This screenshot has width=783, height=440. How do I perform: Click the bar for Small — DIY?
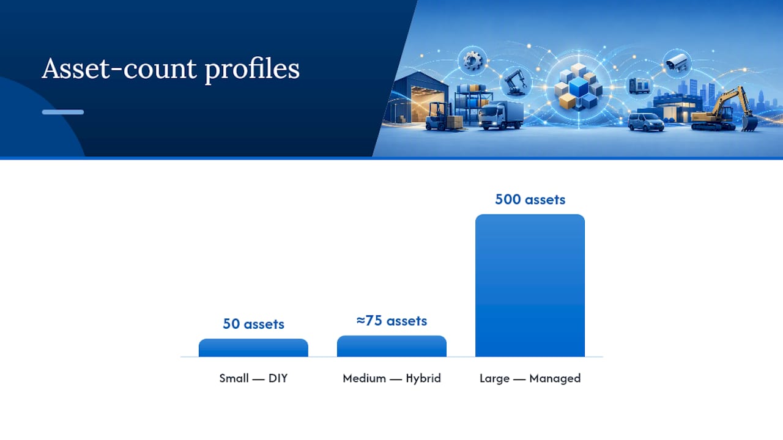click(253, 348)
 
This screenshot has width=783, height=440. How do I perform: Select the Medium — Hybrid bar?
click(391, 346)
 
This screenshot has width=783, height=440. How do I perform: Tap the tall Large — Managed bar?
click(530, 285)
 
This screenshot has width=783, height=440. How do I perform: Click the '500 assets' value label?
click(530, 199)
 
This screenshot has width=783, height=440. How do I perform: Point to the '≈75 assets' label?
click(391, 321)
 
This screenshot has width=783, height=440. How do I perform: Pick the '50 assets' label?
click(253, 324)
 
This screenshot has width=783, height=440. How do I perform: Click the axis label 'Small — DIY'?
click(253, 378)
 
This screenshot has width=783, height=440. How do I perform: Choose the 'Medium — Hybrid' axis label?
click(391, 378)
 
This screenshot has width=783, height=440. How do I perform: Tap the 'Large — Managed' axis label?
click(530, 378)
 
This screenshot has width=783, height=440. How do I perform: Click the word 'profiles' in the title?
click(252, 70)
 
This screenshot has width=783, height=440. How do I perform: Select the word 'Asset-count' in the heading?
click(119, 68)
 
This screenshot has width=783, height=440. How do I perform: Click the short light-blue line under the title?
click(63, 112)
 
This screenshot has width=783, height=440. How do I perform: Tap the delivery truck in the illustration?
click(501, 116)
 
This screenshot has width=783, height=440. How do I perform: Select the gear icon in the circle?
click(473, 61)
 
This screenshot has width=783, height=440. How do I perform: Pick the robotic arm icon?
click(516, 82)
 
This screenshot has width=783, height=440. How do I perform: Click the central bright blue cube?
click(579, 87)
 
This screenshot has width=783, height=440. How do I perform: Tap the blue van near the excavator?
click(645, 122)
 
